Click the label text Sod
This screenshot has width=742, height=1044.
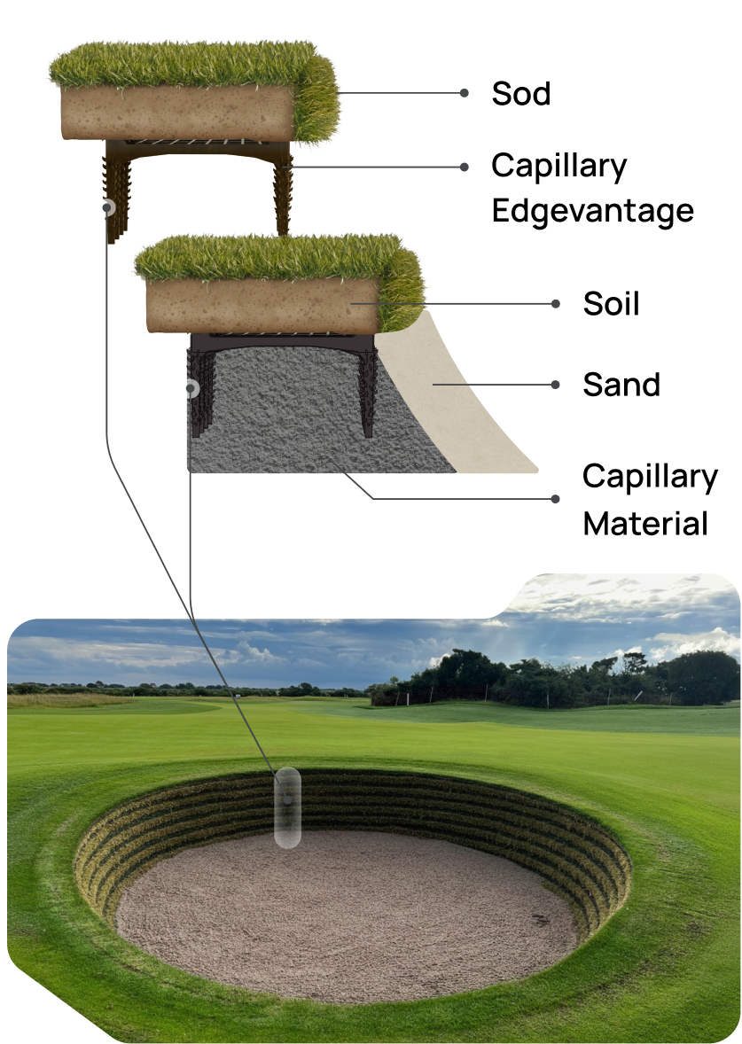(520, 94)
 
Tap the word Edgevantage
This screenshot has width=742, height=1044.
(592, 211)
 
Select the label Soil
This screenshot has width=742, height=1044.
(611, 304)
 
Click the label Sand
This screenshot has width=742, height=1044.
(621, 385)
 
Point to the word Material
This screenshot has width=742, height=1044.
(644, 523)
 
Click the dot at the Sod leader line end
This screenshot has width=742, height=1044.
(464, 92)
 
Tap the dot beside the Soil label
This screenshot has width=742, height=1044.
(556, 303)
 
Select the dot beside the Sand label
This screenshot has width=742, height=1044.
(556, 385)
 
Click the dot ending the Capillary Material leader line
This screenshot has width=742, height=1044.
(556, 498)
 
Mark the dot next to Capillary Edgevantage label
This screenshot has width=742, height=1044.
(464, 167)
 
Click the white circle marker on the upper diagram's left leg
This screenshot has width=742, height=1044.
(109, 208)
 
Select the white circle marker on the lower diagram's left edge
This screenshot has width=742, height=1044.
(190, 387)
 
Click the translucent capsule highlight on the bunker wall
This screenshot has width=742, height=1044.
(287, 806)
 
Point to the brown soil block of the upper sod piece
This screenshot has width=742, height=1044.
(177, 113)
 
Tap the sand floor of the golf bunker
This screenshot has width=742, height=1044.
(346, 913)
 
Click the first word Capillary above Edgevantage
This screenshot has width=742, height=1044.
(558, 166)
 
